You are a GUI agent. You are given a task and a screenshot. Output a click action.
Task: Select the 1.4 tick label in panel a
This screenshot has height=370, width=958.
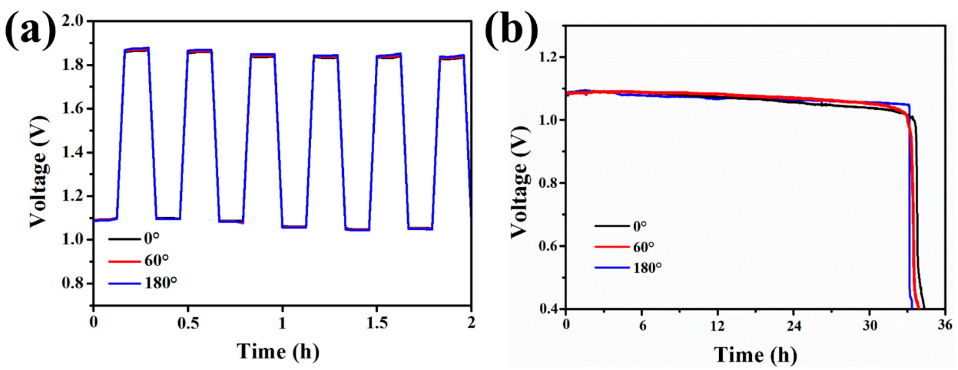coord(74,153)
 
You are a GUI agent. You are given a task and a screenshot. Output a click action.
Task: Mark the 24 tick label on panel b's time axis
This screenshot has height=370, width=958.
coord(794,325)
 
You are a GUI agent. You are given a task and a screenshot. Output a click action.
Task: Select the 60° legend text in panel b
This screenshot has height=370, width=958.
coord(643,247)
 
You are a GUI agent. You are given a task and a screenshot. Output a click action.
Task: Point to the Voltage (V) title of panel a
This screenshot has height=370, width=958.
coord(39,171)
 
